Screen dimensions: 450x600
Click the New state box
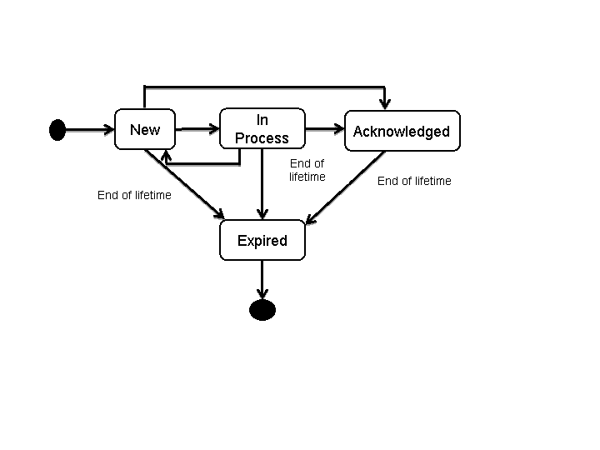point(144,130)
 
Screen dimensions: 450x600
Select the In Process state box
point(262,129)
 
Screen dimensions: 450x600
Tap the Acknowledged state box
point(402,131)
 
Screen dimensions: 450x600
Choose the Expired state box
point(262,241)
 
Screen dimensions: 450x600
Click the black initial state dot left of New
point(57,129)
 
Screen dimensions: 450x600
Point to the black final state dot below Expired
point(262,309)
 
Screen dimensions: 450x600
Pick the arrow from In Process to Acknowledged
point(325,129)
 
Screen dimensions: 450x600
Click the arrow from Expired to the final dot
point(262,278)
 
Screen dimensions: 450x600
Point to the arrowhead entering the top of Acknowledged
point(384,104)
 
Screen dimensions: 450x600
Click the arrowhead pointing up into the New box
point(166,155)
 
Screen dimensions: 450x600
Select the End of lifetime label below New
point(134,196)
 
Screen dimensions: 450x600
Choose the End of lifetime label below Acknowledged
point(414,181)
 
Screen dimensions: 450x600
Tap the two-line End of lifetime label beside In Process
point(307,170)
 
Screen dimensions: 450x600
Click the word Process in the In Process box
point(262,138)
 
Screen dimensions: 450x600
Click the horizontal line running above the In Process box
point(262,86)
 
